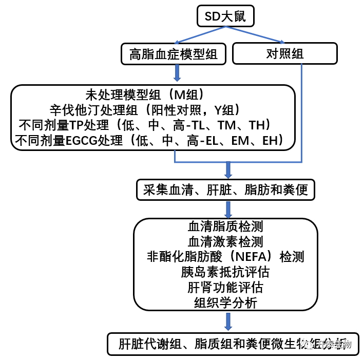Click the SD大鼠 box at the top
pos(225,16)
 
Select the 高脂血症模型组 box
pos(174,54)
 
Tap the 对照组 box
pos(284,54)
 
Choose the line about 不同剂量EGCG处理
pos(152,140)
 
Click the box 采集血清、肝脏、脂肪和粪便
pos(226,190)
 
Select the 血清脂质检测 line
pos(226,226)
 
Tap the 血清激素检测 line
pos(226,241)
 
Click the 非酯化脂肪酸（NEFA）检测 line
pos(226,256)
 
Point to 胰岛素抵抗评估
pos(226,271)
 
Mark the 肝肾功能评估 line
pos(226,287)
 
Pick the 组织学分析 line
pos(226,302)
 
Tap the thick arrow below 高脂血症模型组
pos(177,73)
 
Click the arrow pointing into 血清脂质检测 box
pos(227,209)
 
